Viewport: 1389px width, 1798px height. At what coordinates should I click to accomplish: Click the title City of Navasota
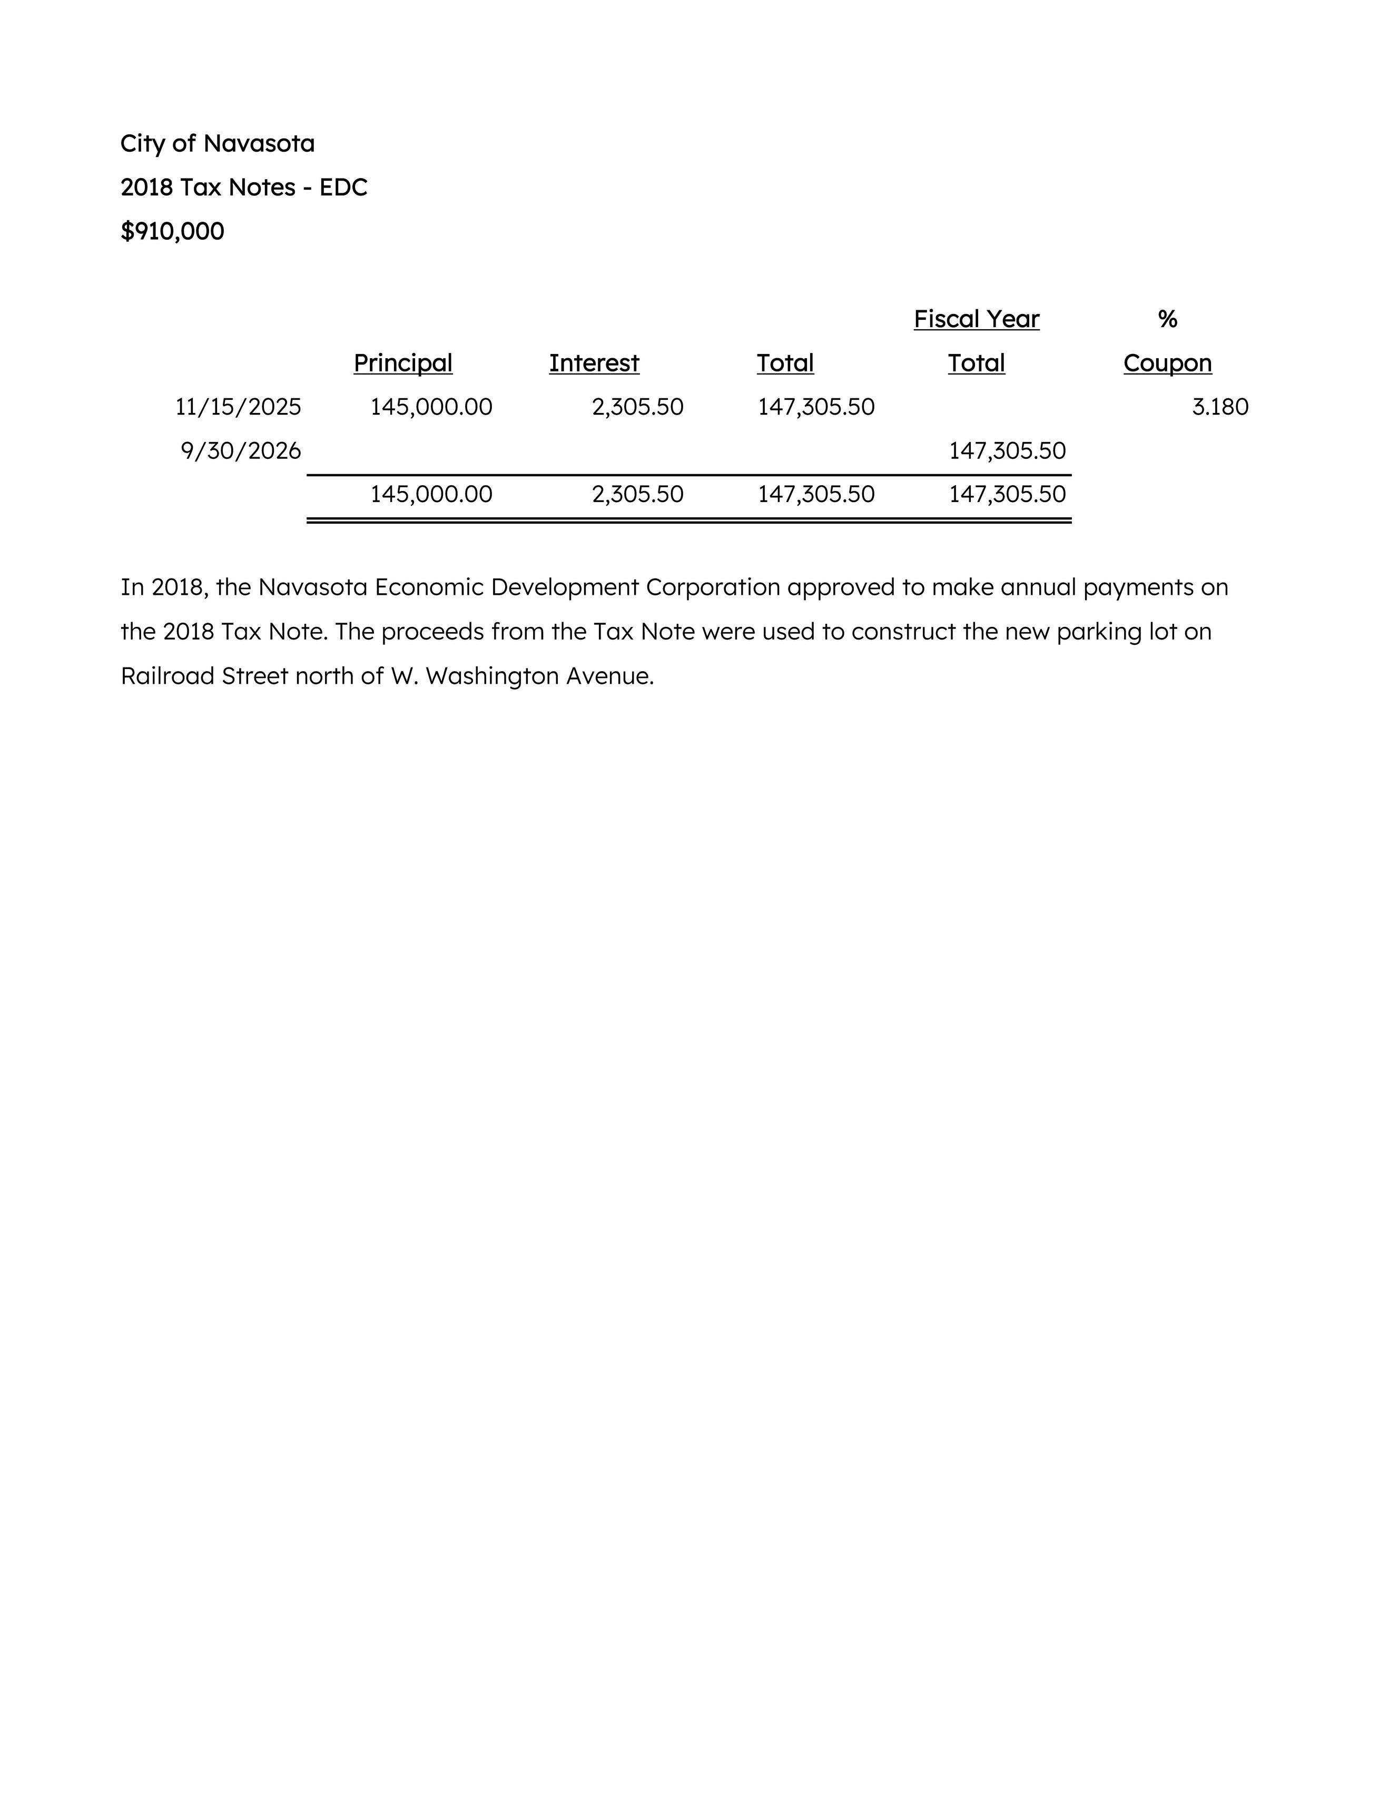click(218, 143)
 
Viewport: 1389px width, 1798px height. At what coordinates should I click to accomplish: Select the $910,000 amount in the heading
click(172, 231)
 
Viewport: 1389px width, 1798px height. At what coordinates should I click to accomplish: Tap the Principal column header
click(402, 363)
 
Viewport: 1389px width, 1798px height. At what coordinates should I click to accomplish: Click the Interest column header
click(594, 363)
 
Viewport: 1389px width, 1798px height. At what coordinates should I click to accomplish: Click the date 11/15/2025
click(238, 407)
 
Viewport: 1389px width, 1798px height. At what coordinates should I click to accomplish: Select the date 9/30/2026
click(241, 451)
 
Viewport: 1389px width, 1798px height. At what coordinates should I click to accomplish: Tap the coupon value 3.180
click(1219, 407)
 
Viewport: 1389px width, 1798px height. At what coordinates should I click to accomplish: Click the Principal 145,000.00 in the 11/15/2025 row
click(431, 407)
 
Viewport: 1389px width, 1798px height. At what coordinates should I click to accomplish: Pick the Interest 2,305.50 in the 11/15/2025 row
click(637, 407)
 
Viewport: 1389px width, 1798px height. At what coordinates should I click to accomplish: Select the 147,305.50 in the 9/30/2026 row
click(1007, 451)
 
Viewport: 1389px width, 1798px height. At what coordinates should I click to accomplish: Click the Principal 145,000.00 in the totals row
click(431, 494)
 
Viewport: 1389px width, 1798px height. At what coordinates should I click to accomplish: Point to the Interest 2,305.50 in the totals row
click(637, 494)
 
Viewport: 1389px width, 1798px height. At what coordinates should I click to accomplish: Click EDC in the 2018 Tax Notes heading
click(343, 188)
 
